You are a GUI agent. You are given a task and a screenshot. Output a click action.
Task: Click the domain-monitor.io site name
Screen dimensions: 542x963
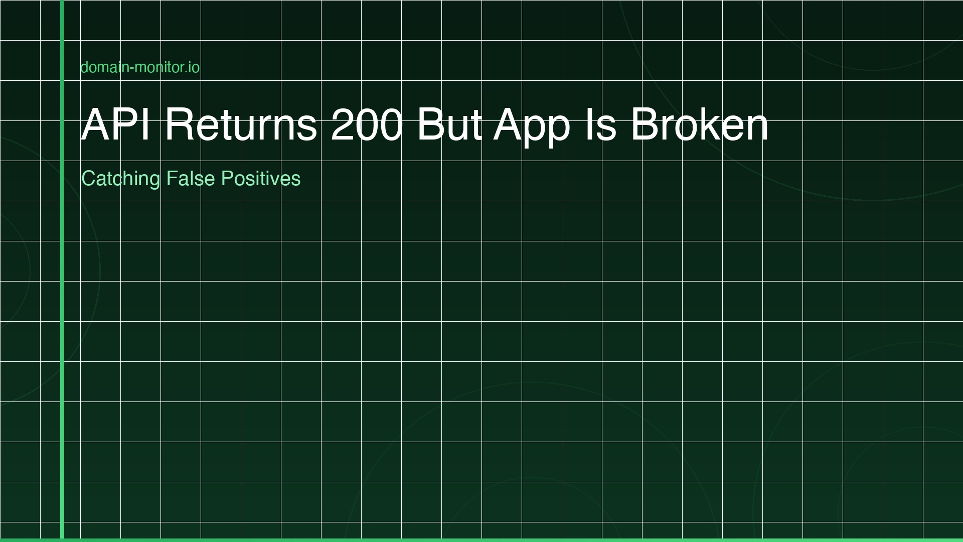click(140, 67)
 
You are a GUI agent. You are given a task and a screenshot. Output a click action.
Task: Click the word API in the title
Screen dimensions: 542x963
click(116, 124)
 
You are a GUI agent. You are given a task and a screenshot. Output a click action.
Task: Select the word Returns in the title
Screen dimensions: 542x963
click(241, 124)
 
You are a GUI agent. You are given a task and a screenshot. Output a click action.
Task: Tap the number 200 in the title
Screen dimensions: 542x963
click(367, 124)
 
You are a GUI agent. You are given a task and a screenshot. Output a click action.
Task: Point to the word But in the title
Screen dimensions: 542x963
click(449, 124)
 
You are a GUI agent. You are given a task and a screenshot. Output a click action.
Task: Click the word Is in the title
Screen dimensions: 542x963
click(600, 124)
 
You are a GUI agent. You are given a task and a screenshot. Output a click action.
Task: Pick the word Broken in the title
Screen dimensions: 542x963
click(699, 124)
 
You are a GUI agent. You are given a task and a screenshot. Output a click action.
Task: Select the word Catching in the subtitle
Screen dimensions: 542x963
click(120, 179)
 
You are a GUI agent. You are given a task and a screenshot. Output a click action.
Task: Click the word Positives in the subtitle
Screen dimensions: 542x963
click(260, 179)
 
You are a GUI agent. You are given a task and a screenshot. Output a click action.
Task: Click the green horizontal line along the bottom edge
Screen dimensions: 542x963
click(481, 540)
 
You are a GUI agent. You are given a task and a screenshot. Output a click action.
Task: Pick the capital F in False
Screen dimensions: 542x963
click(171, 179)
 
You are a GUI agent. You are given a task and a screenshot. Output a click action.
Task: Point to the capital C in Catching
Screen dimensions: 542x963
click(88, 179)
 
